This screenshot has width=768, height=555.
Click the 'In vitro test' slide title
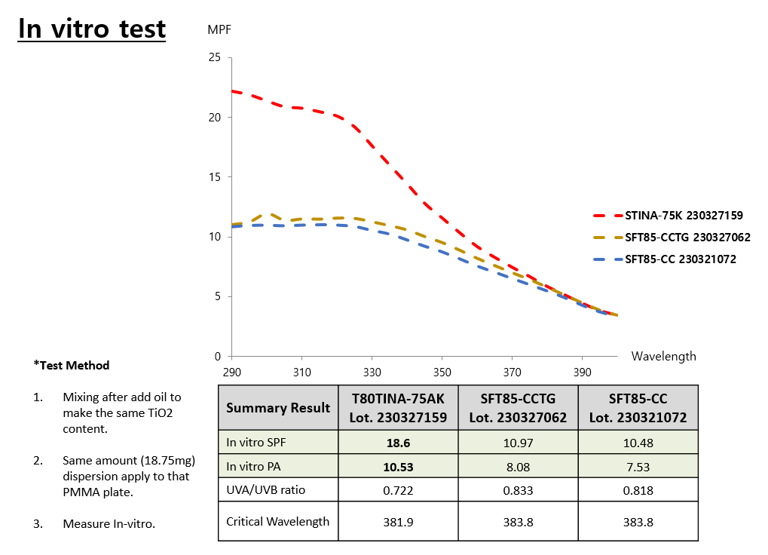click(92, 29)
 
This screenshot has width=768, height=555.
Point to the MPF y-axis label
click(219, 30)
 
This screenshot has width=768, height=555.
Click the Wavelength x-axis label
click(663, 356)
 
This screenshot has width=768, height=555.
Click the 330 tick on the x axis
click(372, 372)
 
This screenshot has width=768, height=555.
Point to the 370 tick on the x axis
click(512, 372)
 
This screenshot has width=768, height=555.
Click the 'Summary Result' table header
click(278, 408)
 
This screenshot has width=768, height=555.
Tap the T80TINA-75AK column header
click(399, 408)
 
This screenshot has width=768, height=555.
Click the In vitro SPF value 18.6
click(399, 443)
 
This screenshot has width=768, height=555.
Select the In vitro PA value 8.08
click(518, 467)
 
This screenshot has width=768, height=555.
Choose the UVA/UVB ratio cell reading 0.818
click(638, 490)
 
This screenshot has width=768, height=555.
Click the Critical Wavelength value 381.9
click(399, 521)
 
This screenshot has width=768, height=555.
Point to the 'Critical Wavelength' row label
click(278, 521)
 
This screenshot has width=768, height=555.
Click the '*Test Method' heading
click(72, 366)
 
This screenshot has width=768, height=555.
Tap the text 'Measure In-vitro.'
click(109, 523)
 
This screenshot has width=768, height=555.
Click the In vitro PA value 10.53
click(399, 467)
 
